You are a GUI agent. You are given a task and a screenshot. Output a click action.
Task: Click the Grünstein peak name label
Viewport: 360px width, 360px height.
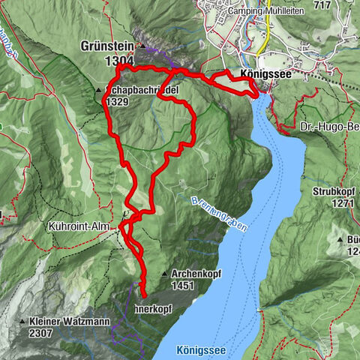pyautogui.click(x=107, y=46)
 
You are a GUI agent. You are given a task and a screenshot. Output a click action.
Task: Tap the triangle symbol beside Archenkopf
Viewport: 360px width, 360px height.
pyautogui.click(x=164, y=273)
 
